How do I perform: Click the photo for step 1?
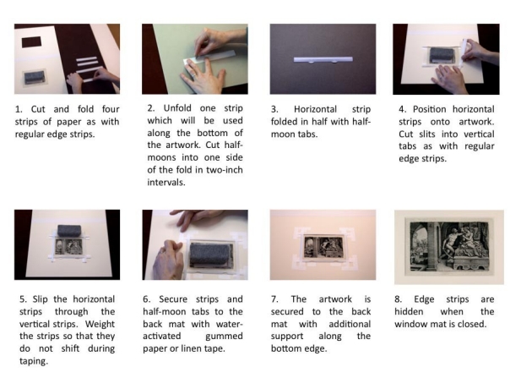tap(67, 58)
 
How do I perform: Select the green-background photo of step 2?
tap(194, 58)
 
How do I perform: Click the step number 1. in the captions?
tap(19, 109)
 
